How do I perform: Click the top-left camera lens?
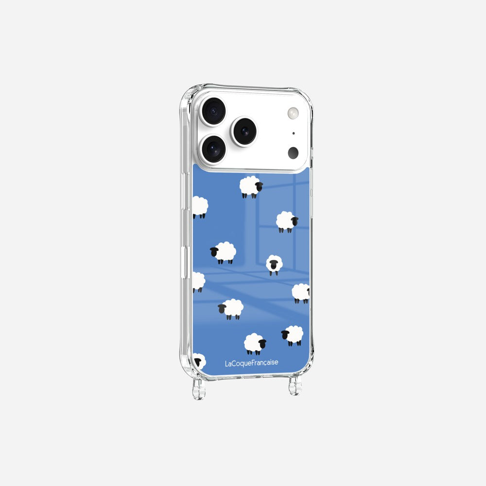[x=213, y=111]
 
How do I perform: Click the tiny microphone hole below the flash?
[x=293, y=133]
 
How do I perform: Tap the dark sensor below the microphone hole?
[x=293, y=153]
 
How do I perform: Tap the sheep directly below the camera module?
[x=251, y=187]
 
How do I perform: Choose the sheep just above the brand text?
[x=255, y=344]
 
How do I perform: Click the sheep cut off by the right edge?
[x=301, y=293]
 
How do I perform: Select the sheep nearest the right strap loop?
[x=293, y=335]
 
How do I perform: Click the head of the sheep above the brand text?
[x=262, y=344]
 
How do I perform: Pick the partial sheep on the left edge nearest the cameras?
[x=199, y=207]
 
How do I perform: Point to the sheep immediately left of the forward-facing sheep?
[x=224, y=253]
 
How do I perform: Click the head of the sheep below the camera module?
[x=259, y=187]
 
